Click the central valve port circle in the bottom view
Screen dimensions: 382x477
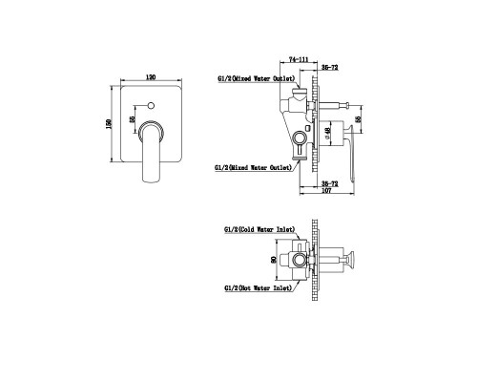point(302,259)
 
